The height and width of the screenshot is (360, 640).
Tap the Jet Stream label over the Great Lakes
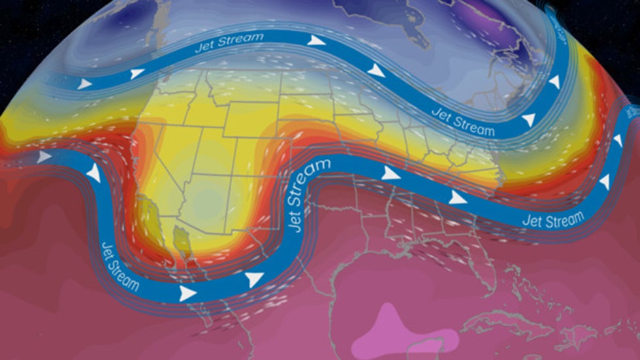pyautogui.click(x=464, y=121)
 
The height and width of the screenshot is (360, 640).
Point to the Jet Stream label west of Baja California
pyautogui.click(x=121, y=265)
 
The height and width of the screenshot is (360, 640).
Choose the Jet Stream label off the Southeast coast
pyautogui.click(x=552, y=220)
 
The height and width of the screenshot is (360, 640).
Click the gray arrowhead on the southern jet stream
pyautogui.click(x=44, y=157)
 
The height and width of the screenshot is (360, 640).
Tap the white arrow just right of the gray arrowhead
pyautogui.click(x=95, y=173)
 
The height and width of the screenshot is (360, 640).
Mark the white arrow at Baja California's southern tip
pyautogui.click(x=187, y=293)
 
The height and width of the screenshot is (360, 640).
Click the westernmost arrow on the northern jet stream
pyautogui.click(x=85, y=84)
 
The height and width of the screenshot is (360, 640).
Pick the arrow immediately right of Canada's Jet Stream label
pyautogui.click(x=317, y=41)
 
